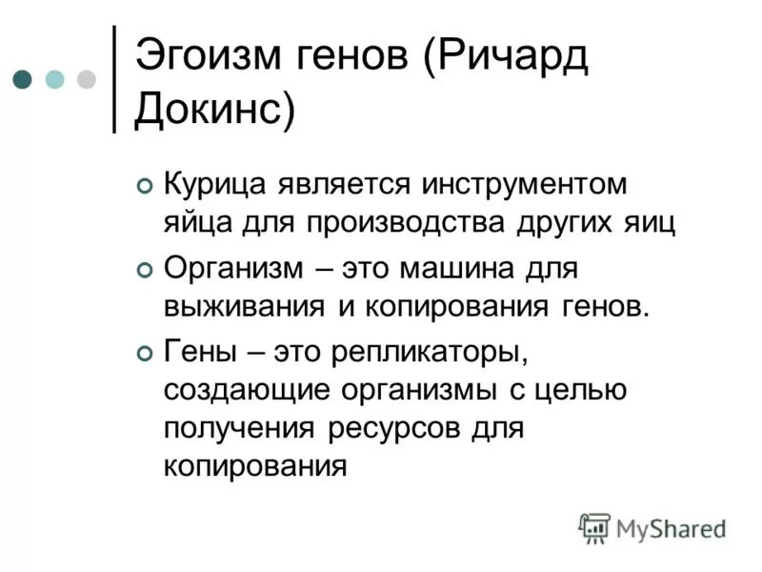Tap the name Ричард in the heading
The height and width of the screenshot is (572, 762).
coord(514,55)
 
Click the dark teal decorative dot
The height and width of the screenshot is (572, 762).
coord(24,79)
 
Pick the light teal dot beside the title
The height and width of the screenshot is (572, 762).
coord(55,79)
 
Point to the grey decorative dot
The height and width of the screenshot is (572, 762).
coord(87,79)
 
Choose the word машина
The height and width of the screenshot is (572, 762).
coord(451,269)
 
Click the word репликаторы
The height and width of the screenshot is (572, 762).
coord(429,353)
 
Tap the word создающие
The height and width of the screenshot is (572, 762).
coord(239,391)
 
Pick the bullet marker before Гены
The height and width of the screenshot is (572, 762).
coord(145,356)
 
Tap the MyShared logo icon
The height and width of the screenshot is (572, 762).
coord(594,527)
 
